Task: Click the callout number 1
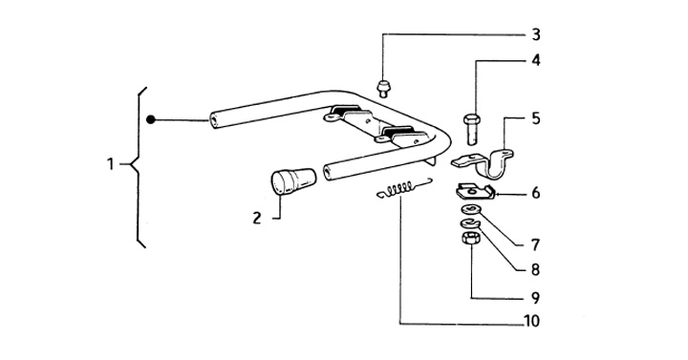coord(110,164)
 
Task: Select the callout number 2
coord(257,218)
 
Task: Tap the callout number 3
coord(536,34)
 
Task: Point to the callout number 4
coord(536,60)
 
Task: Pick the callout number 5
coord(536,118)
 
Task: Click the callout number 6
coord(536,193)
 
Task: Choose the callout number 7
coord(535,244)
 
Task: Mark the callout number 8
coord(535,269)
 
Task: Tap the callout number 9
coord(535,298)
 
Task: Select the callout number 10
coord(532,321)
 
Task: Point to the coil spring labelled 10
coord(404,188)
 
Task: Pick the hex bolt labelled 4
coord(472,129)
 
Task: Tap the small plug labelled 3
coord(384,89)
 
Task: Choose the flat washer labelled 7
coord(471,209)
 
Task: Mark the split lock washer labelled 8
coord(470,224)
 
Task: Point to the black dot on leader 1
coord(151,119)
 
